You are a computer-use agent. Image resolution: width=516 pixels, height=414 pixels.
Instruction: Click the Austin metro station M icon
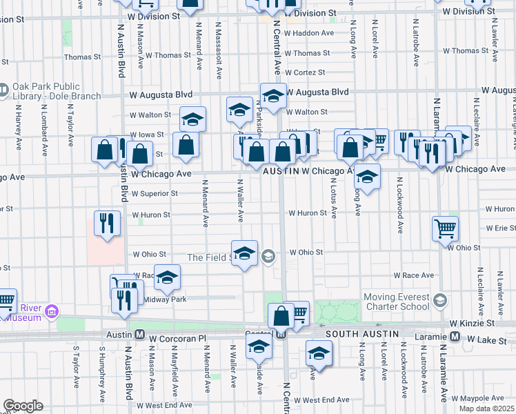139,335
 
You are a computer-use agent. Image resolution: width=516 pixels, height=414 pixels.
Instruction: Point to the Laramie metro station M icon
455,336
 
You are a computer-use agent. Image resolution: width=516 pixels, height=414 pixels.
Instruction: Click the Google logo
23,406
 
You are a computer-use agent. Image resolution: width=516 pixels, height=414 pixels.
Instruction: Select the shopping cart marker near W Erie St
445,227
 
